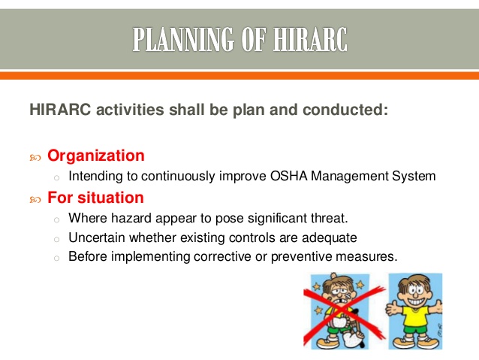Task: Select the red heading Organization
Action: [95, 156]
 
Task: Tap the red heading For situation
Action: [95, 198]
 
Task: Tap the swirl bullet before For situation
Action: [35, 199]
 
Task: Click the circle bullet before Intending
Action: [56, 177]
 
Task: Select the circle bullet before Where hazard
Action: [56, 219]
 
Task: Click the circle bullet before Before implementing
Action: [56, 257]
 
